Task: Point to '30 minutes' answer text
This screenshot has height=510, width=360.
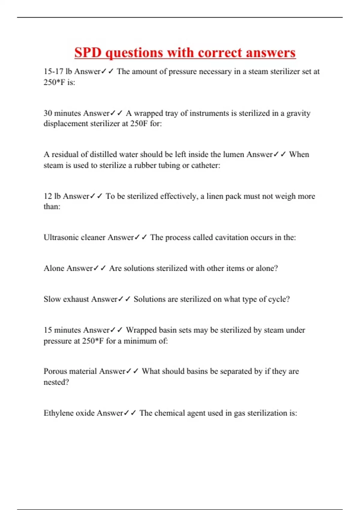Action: [62, 113]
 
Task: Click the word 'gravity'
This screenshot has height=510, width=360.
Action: [298, 113]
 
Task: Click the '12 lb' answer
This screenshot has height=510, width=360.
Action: [52, 196]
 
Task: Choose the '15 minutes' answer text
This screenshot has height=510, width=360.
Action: [62, 330]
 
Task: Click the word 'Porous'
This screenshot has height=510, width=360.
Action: [55, 371]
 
